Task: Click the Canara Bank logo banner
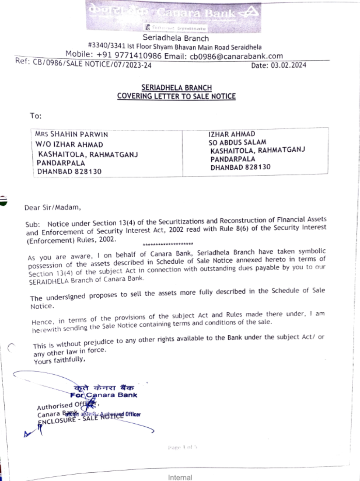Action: (x=173, y=17)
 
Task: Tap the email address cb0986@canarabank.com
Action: (x=236, y=56)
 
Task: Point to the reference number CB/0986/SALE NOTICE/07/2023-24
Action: (x=92, y=64)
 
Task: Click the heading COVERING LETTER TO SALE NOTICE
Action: (x=176, y=96)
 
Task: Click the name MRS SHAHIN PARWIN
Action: (x=71, y=134)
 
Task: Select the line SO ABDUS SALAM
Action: (x=237, y=142)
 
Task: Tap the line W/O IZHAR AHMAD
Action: (x=69, y=144)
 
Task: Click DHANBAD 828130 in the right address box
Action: (x=240, y=167)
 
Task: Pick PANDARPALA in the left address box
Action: (x=61, y=163)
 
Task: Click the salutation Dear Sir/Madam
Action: (x=53, y=208)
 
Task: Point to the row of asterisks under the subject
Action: (x=168, y=244)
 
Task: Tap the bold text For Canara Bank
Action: (x=104, y=395)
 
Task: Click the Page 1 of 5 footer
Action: (x=182, y=447)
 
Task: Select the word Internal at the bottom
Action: (x=180, y=477)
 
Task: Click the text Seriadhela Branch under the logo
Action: (x=176, y=38)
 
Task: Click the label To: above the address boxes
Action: (x=36, y=116)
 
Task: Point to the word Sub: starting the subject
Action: (x=33, y=224)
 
